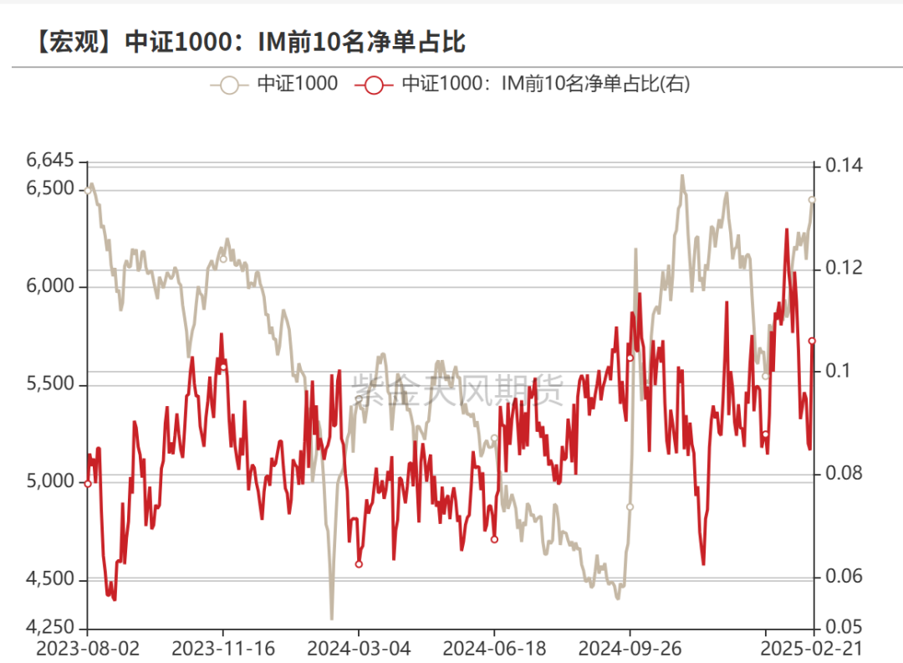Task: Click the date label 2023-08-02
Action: (88, 649)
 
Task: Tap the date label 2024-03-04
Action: (359, 649)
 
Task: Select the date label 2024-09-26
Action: (630, 649)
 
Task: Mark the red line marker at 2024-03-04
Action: (359, 564)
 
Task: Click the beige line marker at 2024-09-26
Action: (630, 506)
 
